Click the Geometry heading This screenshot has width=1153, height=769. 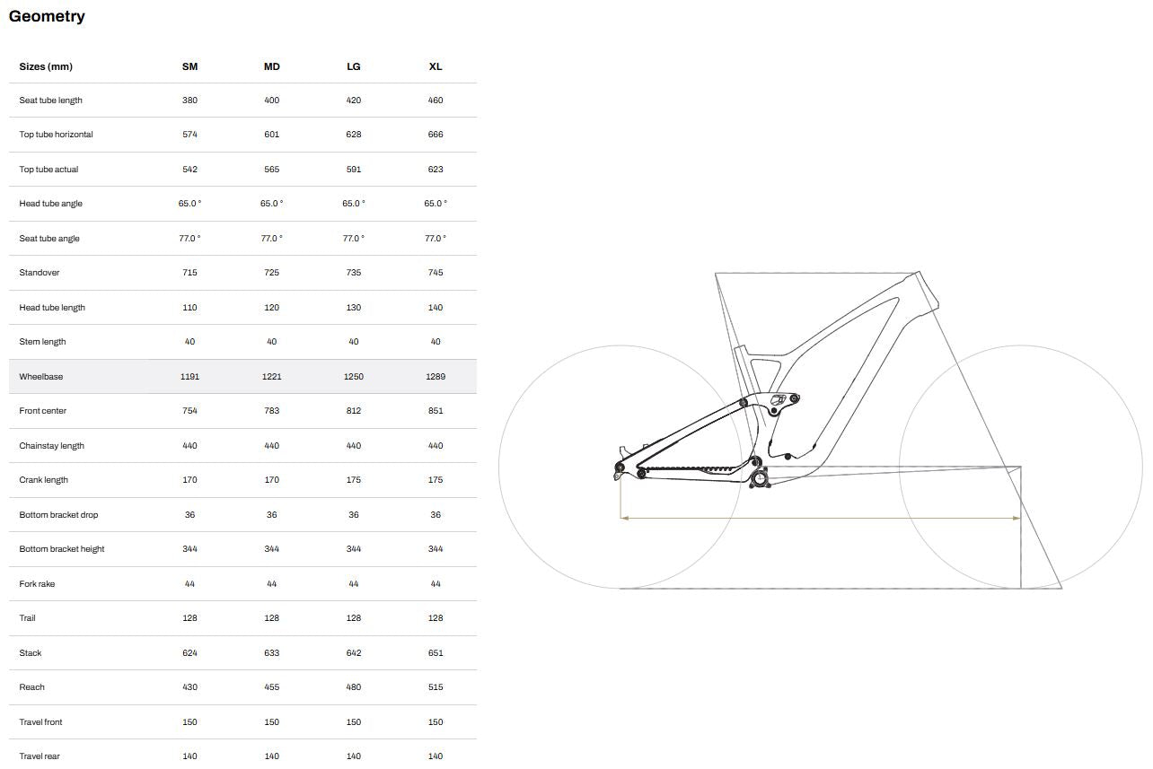coord(47,16)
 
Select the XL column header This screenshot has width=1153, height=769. coord(436,66)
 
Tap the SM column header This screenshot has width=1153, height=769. coord(189,66)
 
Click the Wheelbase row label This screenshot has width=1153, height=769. coord(41,377)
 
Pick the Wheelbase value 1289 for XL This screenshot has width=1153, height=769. coord(436,377)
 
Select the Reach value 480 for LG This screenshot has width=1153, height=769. coord(354,687)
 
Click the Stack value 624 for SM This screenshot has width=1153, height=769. coord(189,653)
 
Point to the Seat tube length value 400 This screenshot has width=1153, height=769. coord(272,100)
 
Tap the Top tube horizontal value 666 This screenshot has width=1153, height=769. coord(436,135)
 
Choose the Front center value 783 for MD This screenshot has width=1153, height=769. coord(272,411)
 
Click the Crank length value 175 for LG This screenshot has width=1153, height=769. coord(354,480)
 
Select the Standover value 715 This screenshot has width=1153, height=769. coord(189,273)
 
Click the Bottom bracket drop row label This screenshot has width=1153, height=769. coord(58,515)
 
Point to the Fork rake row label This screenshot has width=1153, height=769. coord(37,584)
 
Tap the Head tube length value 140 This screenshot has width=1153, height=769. coord(436,308)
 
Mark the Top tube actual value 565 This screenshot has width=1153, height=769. coord(272,170)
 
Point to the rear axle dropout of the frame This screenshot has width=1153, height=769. coord(620,468)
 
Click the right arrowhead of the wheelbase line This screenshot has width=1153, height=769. coord(1017,518)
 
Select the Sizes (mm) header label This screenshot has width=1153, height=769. coord(46,66)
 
